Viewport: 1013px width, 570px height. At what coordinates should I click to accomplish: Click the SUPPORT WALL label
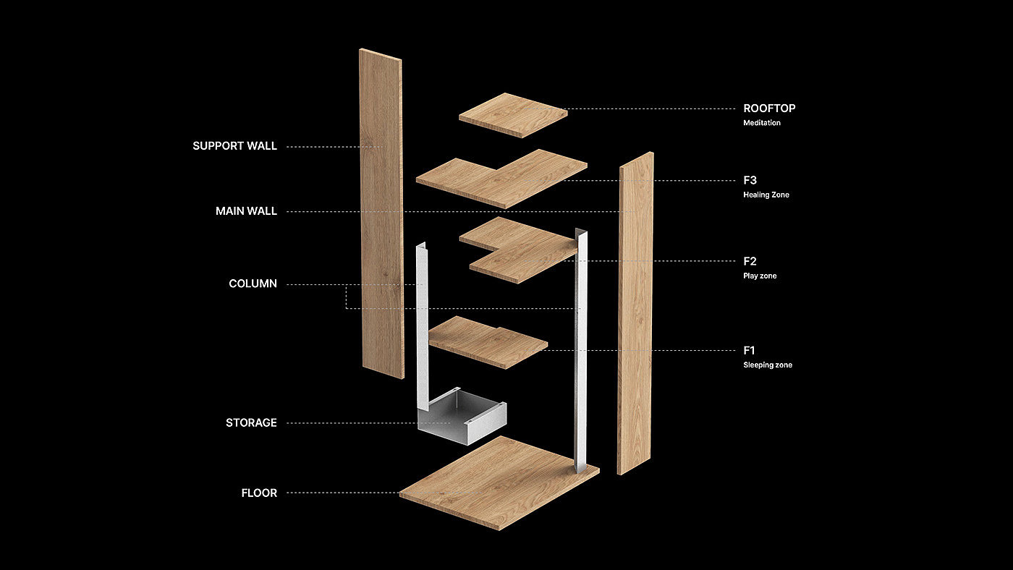click(x=234, y=146)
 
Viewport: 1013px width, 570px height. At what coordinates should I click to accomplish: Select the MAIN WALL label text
click(x=246, y=212)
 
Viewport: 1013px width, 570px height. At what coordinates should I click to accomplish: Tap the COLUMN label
click(x=253, y=284)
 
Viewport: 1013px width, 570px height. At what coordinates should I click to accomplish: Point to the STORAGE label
click(x=251, y=423)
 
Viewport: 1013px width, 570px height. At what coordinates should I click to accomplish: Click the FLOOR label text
click(x=259, y=493)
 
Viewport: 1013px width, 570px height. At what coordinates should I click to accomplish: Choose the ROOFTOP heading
click(x=769, y=109)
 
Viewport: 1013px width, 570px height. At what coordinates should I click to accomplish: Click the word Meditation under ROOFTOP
click(x=762, y=123)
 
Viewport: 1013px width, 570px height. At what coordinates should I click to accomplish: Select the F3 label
click(x=750, y=180)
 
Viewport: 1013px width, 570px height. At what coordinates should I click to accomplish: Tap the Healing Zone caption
click(x=766, y=195)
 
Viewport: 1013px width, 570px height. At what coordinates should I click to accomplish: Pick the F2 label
click(x=750, y=261)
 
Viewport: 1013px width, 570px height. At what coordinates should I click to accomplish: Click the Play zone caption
click(x=760, y=276)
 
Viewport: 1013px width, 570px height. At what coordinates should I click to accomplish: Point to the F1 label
click(x=750, y=351)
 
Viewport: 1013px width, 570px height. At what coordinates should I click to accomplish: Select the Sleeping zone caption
click(x=768, y=365)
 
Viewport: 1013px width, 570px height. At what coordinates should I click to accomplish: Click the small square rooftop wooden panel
click(x=512, y=114)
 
